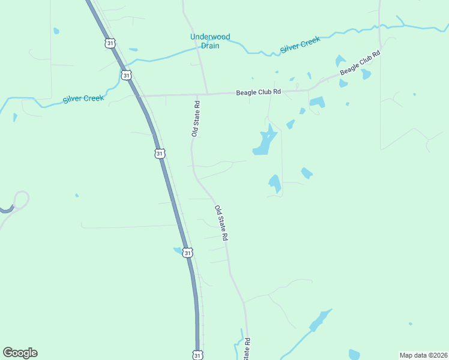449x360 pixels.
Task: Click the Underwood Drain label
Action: pos(210,41)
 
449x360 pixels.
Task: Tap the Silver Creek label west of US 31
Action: pos(83,99)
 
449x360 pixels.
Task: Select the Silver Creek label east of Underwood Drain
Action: pos(300,44)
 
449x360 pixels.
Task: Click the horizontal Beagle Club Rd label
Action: pos(258,92)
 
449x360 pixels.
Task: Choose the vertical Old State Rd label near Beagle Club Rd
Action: pos(196,119)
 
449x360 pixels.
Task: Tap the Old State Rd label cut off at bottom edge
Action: pos(247,349)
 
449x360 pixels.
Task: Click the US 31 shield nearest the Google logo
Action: pos(198,355)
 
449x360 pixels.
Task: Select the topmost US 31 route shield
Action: pos(109,43)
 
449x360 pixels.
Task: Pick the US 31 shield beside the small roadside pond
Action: pos(188,253)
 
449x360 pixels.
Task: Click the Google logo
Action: pos(20,353)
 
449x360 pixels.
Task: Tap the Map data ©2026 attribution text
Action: pos(423,355)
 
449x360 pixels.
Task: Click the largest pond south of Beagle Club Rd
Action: pos(264,142)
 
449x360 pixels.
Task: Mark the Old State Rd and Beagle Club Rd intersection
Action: pos(206,94)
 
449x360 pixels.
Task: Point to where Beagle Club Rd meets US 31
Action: pos(140,95)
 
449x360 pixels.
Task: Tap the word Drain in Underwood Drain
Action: pos(210,46)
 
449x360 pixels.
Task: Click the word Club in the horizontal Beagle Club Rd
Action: pos(260,92)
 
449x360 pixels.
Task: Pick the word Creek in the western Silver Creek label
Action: pos(93,98)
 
